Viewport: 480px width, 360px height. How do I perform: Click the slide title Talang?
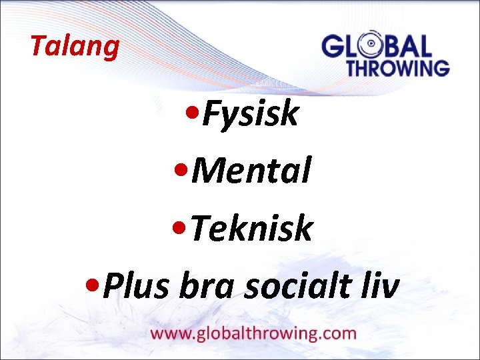point(75,46)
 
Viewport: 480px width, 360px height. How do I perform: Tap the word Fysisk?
point(250,114)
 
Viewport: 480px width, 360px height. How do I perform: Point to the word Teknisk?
point(251,229)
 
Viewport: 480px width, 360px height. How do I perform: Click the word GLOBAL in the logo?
point(377,47)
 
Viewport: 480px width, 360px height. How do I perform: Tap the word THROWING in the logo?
point(397,67)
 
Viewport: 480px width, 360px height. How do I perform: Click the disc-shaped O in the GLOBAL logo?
point(371,47)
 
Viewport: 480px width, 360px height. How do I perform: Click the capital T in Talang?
point(39,46)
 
